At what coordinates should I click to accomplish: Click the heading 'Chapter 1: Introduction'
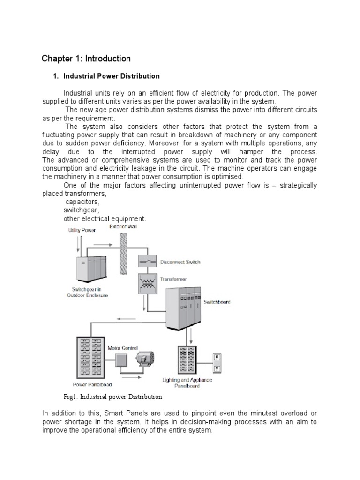pyautogui.click(x=86, y=59)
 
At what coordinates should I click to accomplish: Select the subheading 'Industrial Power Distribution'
pyautogui.click(x=111, y=76)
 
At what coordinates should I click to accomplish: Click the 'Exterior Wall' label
pyautogui.click(x=123, y=226)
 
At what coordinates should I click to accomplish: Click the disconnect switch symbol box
pyautogui.click(x=147, y=261)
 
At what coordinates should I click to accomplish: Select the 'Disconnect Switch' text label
pyautogui.click(x=180, y=262)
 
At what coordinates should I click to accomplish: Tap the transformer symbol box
pyautogui.click(x=147, y=283)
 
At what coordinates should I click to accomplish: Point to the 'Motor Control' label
pyautogui.click(x=123, y=348)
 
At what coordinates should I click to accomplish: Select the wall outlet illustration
pyautogui.click(x=217, y=363)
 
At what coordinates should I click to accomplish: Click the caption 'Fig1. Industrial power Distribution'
pyautogui.click(x=112, y=397)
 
